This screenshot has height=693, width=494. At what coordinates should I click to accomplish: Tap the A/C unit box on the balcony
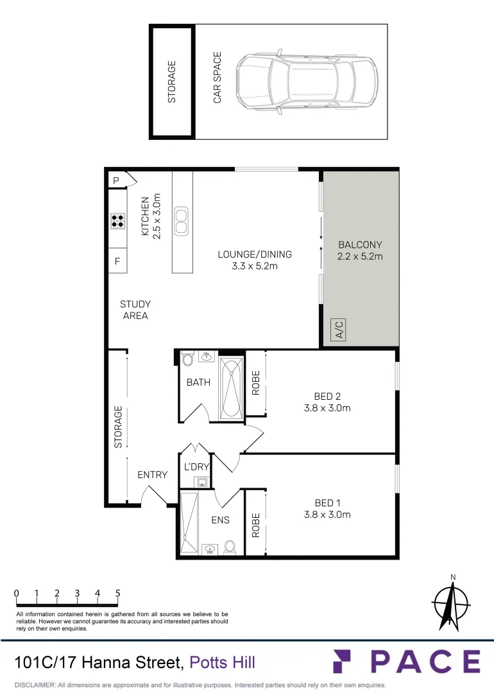point(339,330)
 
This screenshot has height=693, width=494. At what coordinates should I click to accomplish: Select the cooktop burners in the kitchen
point(117,221)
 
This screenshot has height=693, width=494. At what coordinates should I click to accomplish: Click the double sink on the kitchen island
point(182,221)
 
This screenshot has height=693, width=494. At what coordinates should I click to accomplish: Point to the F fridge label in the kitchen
point(117,262)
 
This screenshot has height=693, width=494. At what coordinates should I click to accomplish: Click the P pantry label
point(116,181)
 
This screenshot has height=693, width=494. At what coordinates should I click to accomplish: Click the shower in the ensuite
point(189,522)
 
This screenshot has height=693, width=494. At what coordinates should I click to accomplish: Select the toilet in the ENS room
point(229,547)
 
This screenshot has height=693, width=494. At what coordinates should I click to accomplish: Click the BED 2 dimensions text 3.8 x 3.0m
point(327,407)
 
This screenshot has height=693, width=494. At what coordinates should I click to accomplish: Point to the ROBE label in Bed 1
point(255,524)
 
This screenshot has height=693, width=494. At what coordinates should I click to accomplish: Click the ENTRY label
point(152,475)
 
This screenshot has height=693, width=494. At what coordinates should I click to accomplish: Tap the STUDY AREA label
point(135,310)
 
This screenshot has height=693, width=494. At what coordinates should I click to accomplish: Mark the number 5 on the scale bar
point(118,594)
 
